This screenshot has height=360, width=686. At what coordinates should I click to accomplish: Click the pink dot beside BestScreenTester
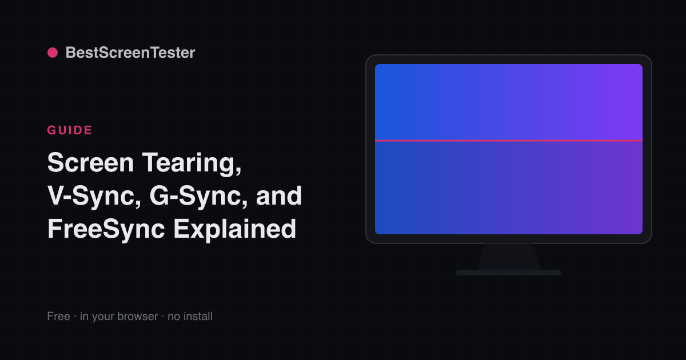(x=53, y=53)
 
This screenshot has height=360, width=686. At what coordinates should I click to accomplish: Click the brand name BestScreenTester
(x=130, y=53)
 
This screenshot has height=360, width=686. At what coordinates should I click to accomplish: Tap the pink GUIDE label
(x=70, y=130)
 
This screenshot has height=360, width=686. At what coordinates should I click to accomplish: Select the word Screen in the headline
(x=90, y=162)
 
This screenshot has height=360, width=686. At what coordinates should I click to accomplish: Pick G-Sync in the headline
(x=196, y=197)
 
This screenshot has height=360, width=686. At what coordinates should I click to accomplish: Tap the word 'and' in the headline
(x=279, y=196)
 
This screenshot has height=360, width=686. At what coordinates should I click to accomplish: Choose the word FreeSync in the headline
(x=106, y=230)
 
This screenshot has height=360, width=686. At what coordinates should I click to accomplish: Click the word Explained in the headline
(x=234, y=230)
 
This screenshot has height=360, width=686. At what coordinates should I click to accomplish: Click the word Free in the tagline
(x=58, y=316)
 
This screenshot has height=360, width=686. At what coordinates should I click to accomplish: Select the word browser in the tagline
(x=138, y=316)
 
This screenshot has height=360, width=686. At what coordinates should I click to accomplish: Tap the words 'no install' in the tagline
(x=190, y=316)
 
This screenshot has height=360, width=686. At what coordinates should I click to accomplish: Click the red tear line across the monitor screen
(x=509, y=141)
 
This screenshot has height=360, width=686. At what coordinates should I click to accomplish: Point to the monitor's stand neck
(x=509, y=257)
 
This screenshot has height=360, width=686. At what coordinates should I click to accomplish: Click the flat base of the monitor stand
(x=509, y=273)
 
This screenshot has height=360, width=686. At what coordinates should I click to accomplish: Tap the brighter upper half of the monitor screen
(x=509, y=102)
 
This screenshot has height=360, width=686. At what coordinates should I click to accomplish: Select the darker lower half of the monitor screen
(x=509, y=187)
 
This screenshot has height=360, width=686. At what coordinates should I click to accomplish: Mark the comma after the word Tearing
(x=238, y=172)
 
